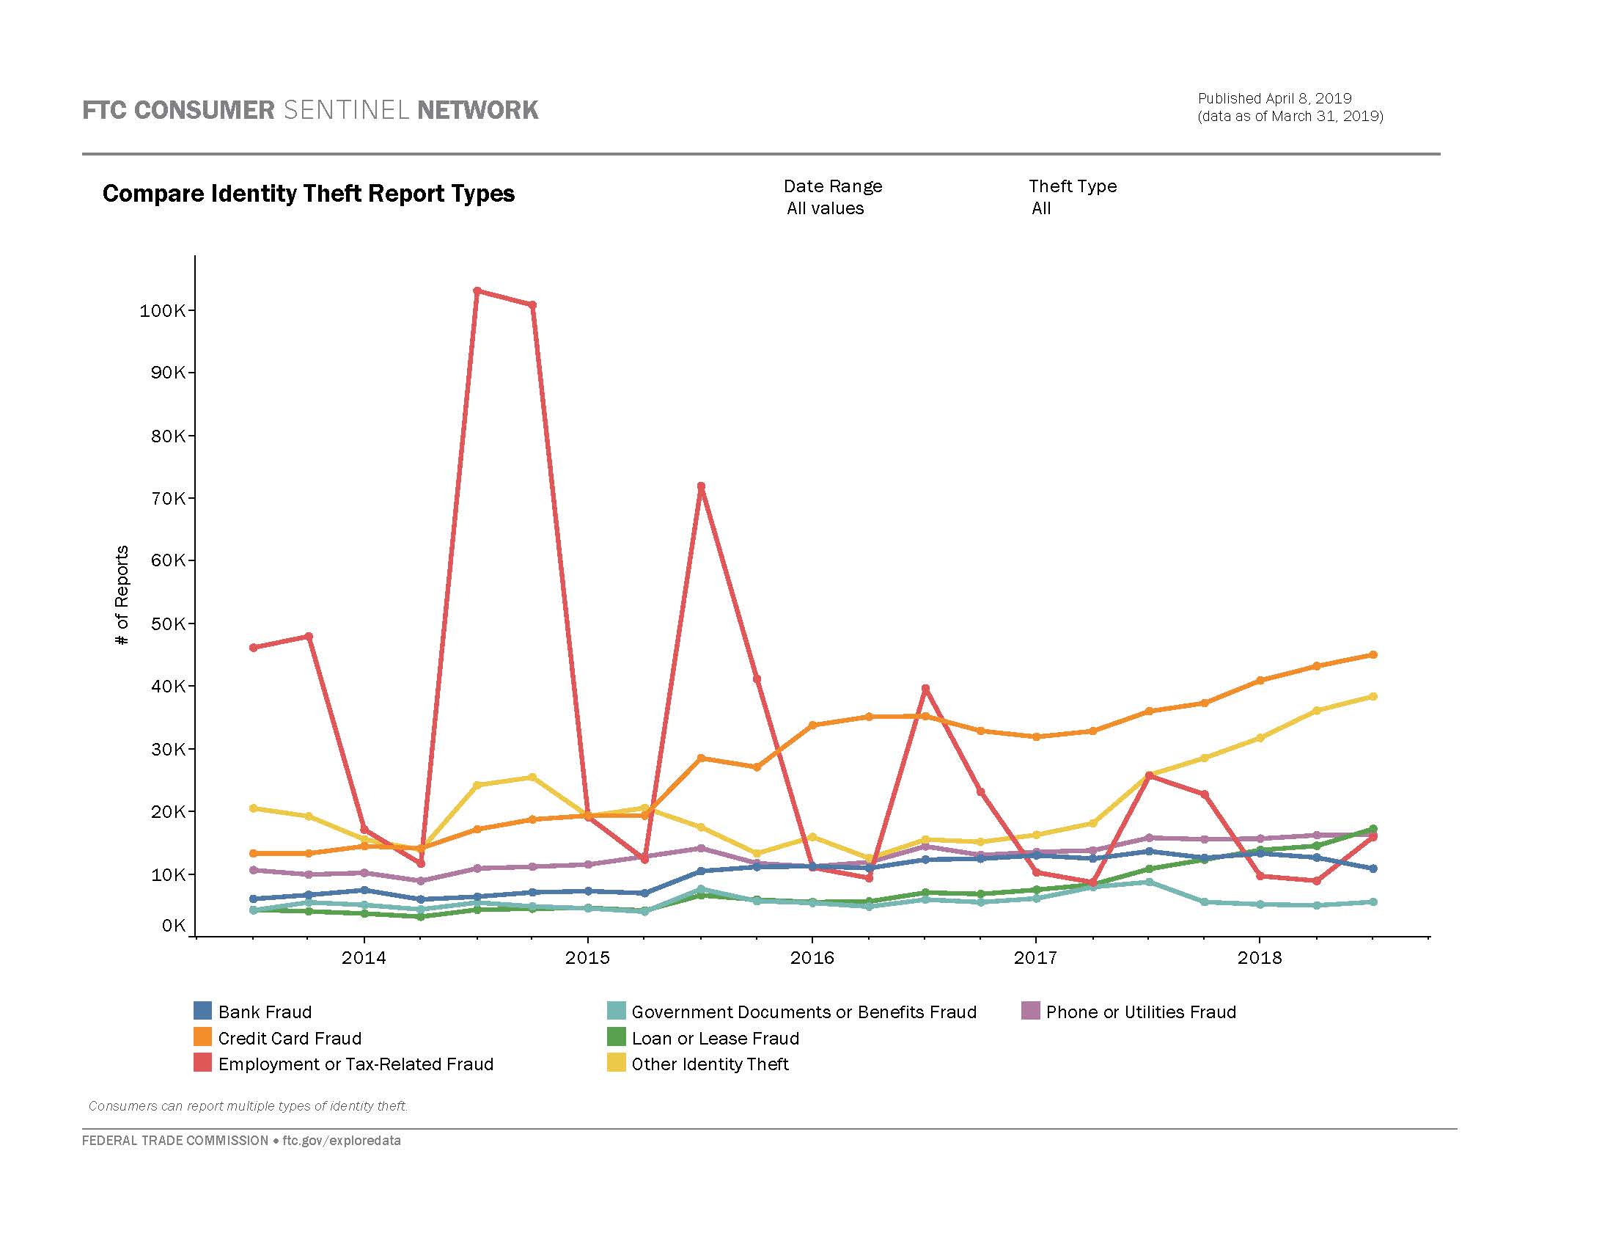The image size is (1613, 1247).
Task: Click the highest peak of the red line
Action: (x=477, y=290)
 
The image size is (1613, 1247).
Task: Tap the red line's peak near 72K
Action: (x=701, y=486)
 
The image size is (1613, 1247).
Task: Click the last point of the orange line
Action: (x=1373, y=654)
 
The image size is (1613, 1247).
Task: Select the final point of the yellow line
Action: (x=1373, y=696)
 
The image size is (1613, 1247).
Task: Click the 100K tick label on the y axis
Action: (x=163, y=311)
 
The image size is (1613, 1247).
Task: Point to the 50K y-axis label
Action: (x=168, y=624)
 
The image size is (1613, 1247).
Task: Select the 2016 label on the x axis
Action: (x=812, y=958)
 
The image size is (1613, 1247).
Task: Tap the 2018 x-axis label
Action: (x=1259, y=958)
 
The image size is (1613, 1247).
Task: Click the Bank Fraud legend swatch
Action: (x=202, y=1011)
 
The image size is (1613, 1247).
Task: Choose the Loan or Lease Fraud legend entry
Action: (x=714, y=1038)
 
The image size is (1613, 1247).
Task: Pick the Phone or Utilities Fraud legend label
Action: (x=1140, y=1012)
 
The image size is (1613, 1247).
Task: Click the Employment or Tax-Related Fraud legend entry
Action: (x=356, y=1064)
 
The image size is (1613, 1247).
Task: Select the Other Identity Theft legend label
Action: (x=710, y=1064)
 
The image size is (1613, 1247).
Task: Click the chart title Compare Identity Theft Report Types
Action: (x=309, y=194)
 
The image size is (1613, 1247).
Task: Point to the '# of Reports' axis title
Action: (x=122, y=595)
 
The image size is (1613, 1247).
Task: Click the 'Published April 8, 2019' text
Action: (x=1274, y=98)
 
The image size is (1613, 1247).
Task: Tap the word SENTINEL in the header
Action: (x=345, y=110)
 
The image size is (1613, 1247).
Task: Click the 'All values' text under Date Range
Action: (x=825, y=208)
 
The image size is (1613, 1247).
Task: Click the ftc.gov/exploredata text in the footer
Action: (x=341, y=1140)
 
